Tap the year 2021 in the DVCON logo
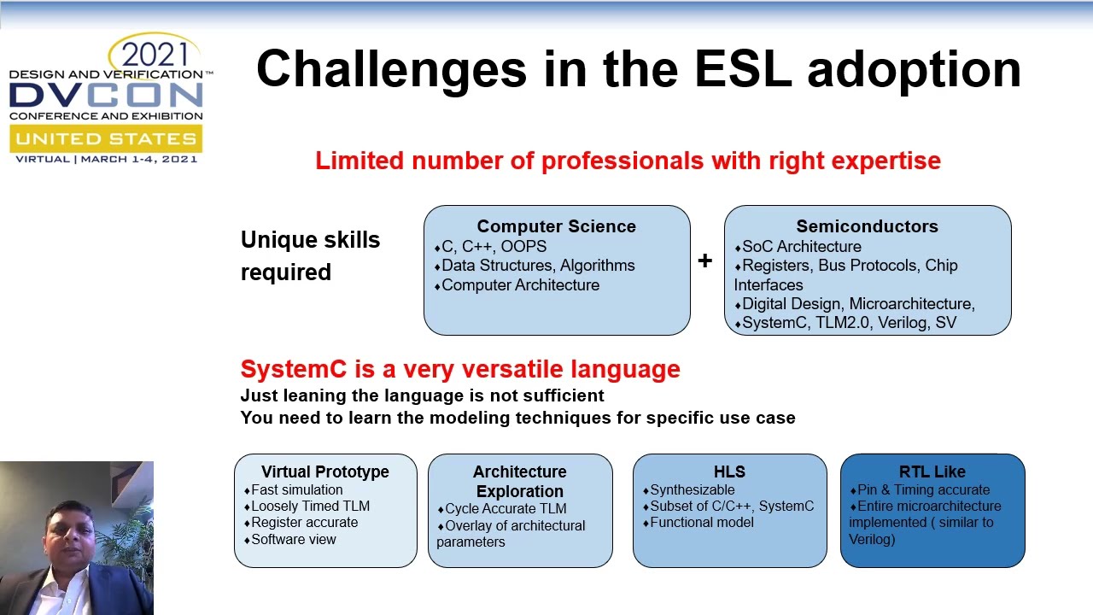155,56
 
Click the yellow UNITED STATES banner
106,138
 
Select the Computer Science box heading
556,226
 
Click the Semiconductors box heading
867,226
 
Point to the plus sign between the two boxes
704,261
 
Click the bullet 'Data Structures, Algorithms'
538,266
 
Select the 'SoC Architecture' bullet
801,247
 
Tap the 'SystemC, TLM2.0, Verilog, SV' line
849,322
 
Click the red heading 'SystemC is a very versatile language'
460,369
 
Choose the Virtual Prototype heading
325,471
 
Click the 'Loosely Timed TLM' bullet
310,506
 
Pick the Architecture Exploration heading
519,481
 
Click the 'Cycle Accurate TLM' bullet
506,508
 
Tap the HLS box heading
729,471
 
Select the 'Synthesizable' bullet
692,489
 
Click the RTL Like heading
932,471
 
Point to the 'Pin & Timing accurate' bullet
923,489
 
